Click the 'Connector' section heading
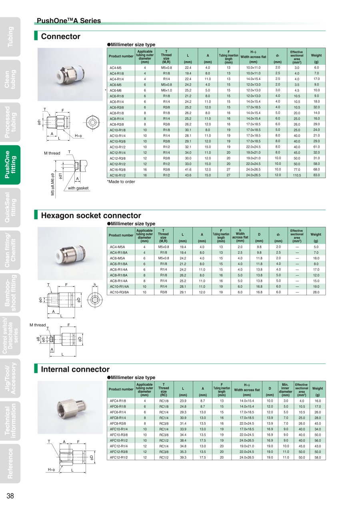coord(60,37)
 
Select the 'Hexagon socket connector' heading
coord(91,216)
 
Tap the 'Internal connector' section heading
coord(75,369)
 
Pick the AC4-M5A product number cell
coord(117,247)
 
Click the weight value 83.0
coord(316,175)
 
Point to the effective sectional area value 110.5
coord(297,175)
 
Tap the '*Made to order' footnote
coord(121,182)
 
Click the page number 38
coord(10,496)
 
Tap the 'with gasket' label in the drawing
coord(78,188)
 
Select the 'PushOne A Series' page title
coord(68,21)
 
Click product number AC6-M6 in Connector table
coord(116,90)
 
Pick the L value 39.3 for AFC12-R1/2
coord(183,457)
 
